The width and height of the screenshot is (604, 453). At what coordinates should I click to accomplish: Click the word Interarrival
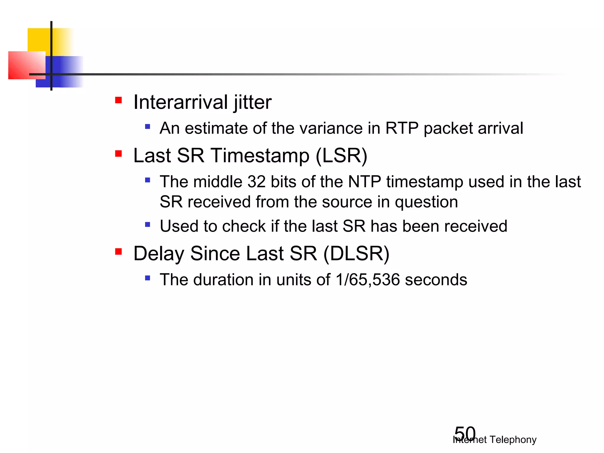click(x=180, y=102)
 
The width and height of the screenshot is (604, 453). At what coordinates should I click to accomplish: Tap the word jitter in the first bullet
click(x=252, y=102)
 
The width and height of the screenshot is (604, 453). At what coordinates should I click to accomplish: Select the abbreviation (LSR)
click(x=342, y=155)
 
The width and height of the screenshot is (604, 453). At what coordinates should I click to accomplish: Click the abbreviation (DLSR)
click(x=356, y=254)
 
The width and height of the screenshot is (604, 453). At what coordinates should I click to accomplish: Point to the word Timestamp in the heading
click(x=260, y=155)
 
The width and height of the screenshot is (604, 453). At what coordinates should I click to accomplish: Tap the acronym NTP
click(x=364, y=182)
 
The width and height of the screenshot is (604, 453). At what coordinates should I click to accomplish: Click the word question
click(x=426, y=202)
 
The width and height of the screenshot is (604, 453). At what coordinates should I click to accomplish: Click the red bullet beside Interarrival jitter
click(x=119, y=100)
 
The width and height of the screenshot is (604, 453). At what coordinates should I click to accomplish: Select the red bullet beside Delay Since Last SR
click(x=119, y=252)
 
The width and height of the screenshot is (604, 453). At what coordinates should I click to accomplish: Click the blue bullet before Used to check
click(x=148, y=225)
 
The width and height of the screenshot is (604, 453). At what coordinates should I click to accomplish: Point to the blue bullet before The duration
click(x=148, y=278)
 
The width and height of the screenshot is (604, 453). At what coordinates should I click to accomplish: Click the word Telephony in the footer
click(x=513, y=440)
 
